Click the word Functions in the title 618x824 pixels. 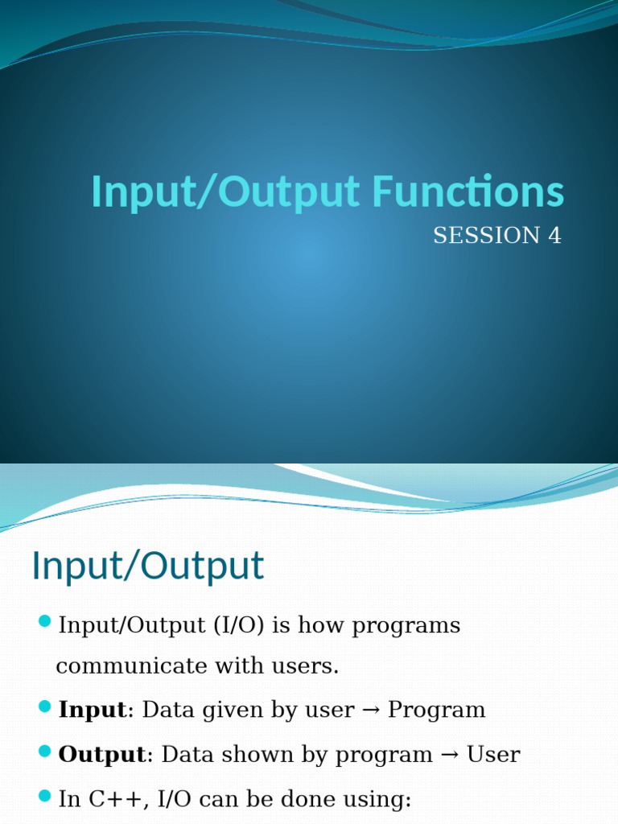(x=468, y=192)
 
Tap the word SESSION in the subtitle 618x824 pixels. (x=486, y=236)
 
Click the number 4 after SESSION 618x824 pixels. (x=554, y=236)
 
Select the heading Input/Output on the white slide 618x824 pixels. (x=148, y=566)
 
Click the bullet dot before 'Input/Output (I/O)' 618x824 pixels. (x=45, y=621)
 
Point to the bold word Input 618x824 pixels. (x=93, y=710)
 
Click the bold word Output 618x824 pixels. (x=102, y=755)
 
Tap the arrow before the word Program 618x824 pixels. (x=371, y=711)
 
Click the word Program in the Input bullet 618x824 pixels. (x=436, y=711)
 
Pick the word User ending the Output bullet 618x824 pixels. (x=493, y=755)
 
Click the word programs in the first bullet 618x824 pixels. (x=406, y=626)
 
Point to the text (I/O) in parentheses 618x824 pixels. (x=238, y=625)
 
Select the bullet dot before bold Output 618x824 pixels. (x=45, y=751)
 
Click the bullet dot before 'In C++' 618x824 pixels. (x=45, y=796)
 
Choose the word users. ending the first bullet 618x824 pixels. (x=305, y=666)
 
